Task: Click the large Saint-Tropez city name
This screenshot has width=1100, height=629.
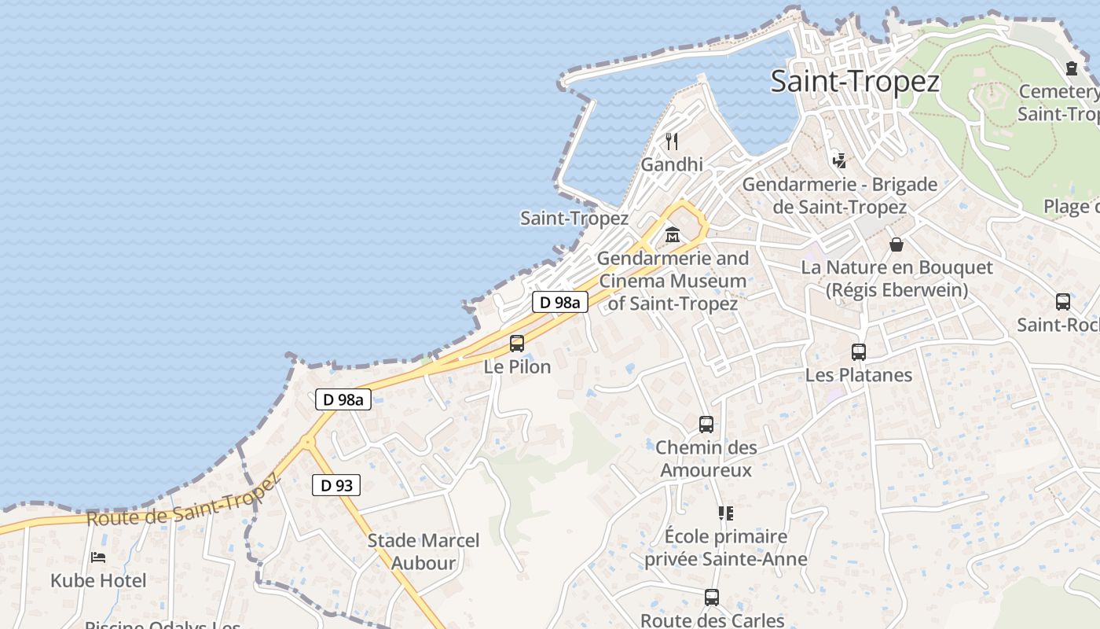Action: pyautogui.click(x=854, y=81)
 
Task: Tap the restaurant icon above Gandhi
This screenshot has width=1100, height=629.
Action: pyautogui.click(x=672, y=142)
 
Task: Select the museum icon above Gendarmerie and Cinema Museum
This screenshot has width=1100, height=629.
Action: pyautogui.click(x=673, y=234)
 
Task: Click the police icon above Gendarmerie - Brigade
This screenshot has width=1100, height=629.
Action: pyautogui.click(x=839, y=161)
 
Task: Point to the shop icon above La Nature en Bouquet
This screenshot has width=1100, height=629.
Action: pyautogui.click(x=896, y=245)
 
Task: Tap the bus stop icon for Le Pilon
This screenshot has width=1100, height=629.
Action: pyautogui.click(x=517, y=344)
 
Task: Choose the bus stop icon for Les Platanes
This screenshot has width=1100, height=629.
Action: pyautogui.click(x=859, y=352)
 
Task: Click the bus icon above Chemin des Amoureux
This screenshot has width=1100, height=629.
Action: pyautogui.click(x=706, y=425)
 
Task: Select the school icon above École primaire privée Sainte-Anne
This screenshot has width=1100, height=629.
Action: pyautogui.click(x=725, y=513)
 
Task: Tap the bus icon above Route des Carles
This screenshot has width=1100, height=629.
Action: pyautogui.click(x=712, y=598)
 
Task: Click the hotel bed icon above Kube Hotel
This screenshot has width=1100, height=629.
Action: pyautogui.click(x=98, y=557)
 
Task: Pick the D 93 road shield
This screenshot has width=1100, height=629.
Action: pyautogui.click(x=336, y=485)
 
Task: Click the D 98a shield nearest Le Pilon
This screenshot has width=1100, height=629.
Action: pyautogui.click(x=560, y=302)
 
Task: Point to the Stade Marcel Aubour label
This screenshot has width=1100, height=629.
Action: pyautogui.click(x=423, y=551)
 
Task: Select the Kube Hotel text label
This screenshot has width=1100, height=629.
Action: pyautogui.click(x=98, y=581)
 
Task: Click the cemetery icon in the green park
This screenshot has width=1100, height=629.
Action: pyautogui.click(x=1072, y=68)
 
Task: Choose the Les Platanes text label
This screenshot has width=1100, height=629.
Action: pyautogui.click(x=859, y=375)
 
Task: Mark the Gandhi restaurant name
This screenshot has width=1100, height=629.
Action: pyautogui.click(x=672, y=164)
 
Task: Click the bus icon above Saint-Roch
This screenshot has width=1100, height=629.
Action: pyautogui.click(x=1063, y=302)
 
